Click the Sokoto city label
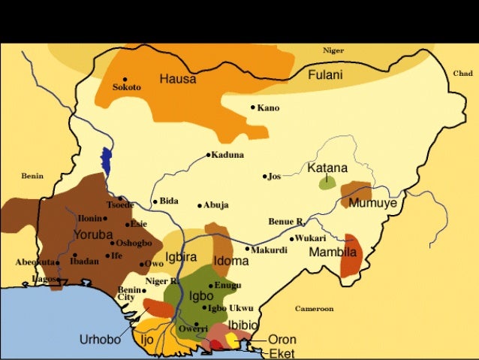(x=126, y=87)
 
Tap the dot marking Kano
(x=254, y=107)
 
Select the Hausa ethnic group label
(x=178, y=78)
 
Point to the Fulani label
(x=326, y=74)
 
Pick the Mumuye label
(x=373, y=204)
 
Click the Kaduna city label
(x=227, y=155)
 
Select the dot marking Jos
(x=265, y=177)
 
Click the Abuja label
(x=216, y=204)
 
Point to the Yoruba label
(x=93, y=235)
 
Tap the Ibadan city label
(x=85, y=262)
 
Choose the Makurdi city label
(x=269, y=250)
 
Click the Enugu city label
(x=227, y=285)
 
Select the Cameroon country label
(x=315, y=308)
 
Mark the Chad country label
(x=462, y=74)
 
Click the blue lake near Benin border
(x=106, y=161)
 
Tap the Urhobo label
(x=100, y=340)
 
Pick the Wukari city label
(x=310, y=237)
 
